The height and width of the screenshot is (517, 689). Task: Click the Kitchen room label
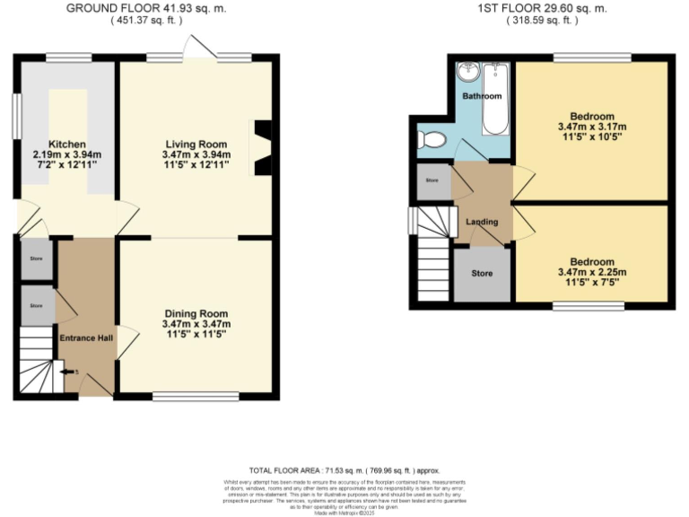(67, 144)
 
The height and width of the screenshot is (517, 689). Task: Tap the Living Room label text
(195, 144)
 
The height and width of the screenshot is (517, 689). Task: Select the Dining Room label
(196, 313)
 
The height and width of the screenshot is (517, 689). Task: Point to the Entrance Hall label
(86, 337)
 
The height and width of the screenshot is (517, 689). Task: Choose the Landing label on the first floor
(482, 223)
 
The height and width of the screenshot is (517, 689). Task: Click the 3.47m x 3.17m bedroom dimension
(591, 127)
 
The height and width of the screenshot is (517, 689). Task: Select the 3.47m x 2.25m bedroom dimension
(591, 273)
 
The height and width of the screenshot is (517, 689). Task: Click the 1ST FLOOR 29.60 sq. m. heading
(543, 8)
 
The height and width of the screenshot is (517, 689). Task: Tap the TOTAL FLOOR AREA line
(344, 470)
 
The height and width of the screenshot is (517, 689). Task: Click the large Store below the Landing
(483, 273)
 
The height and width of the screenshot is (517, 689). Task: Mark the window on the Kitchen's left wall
(15, 117)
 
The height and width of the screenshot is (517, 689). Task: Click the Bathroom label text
(482, 96)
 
